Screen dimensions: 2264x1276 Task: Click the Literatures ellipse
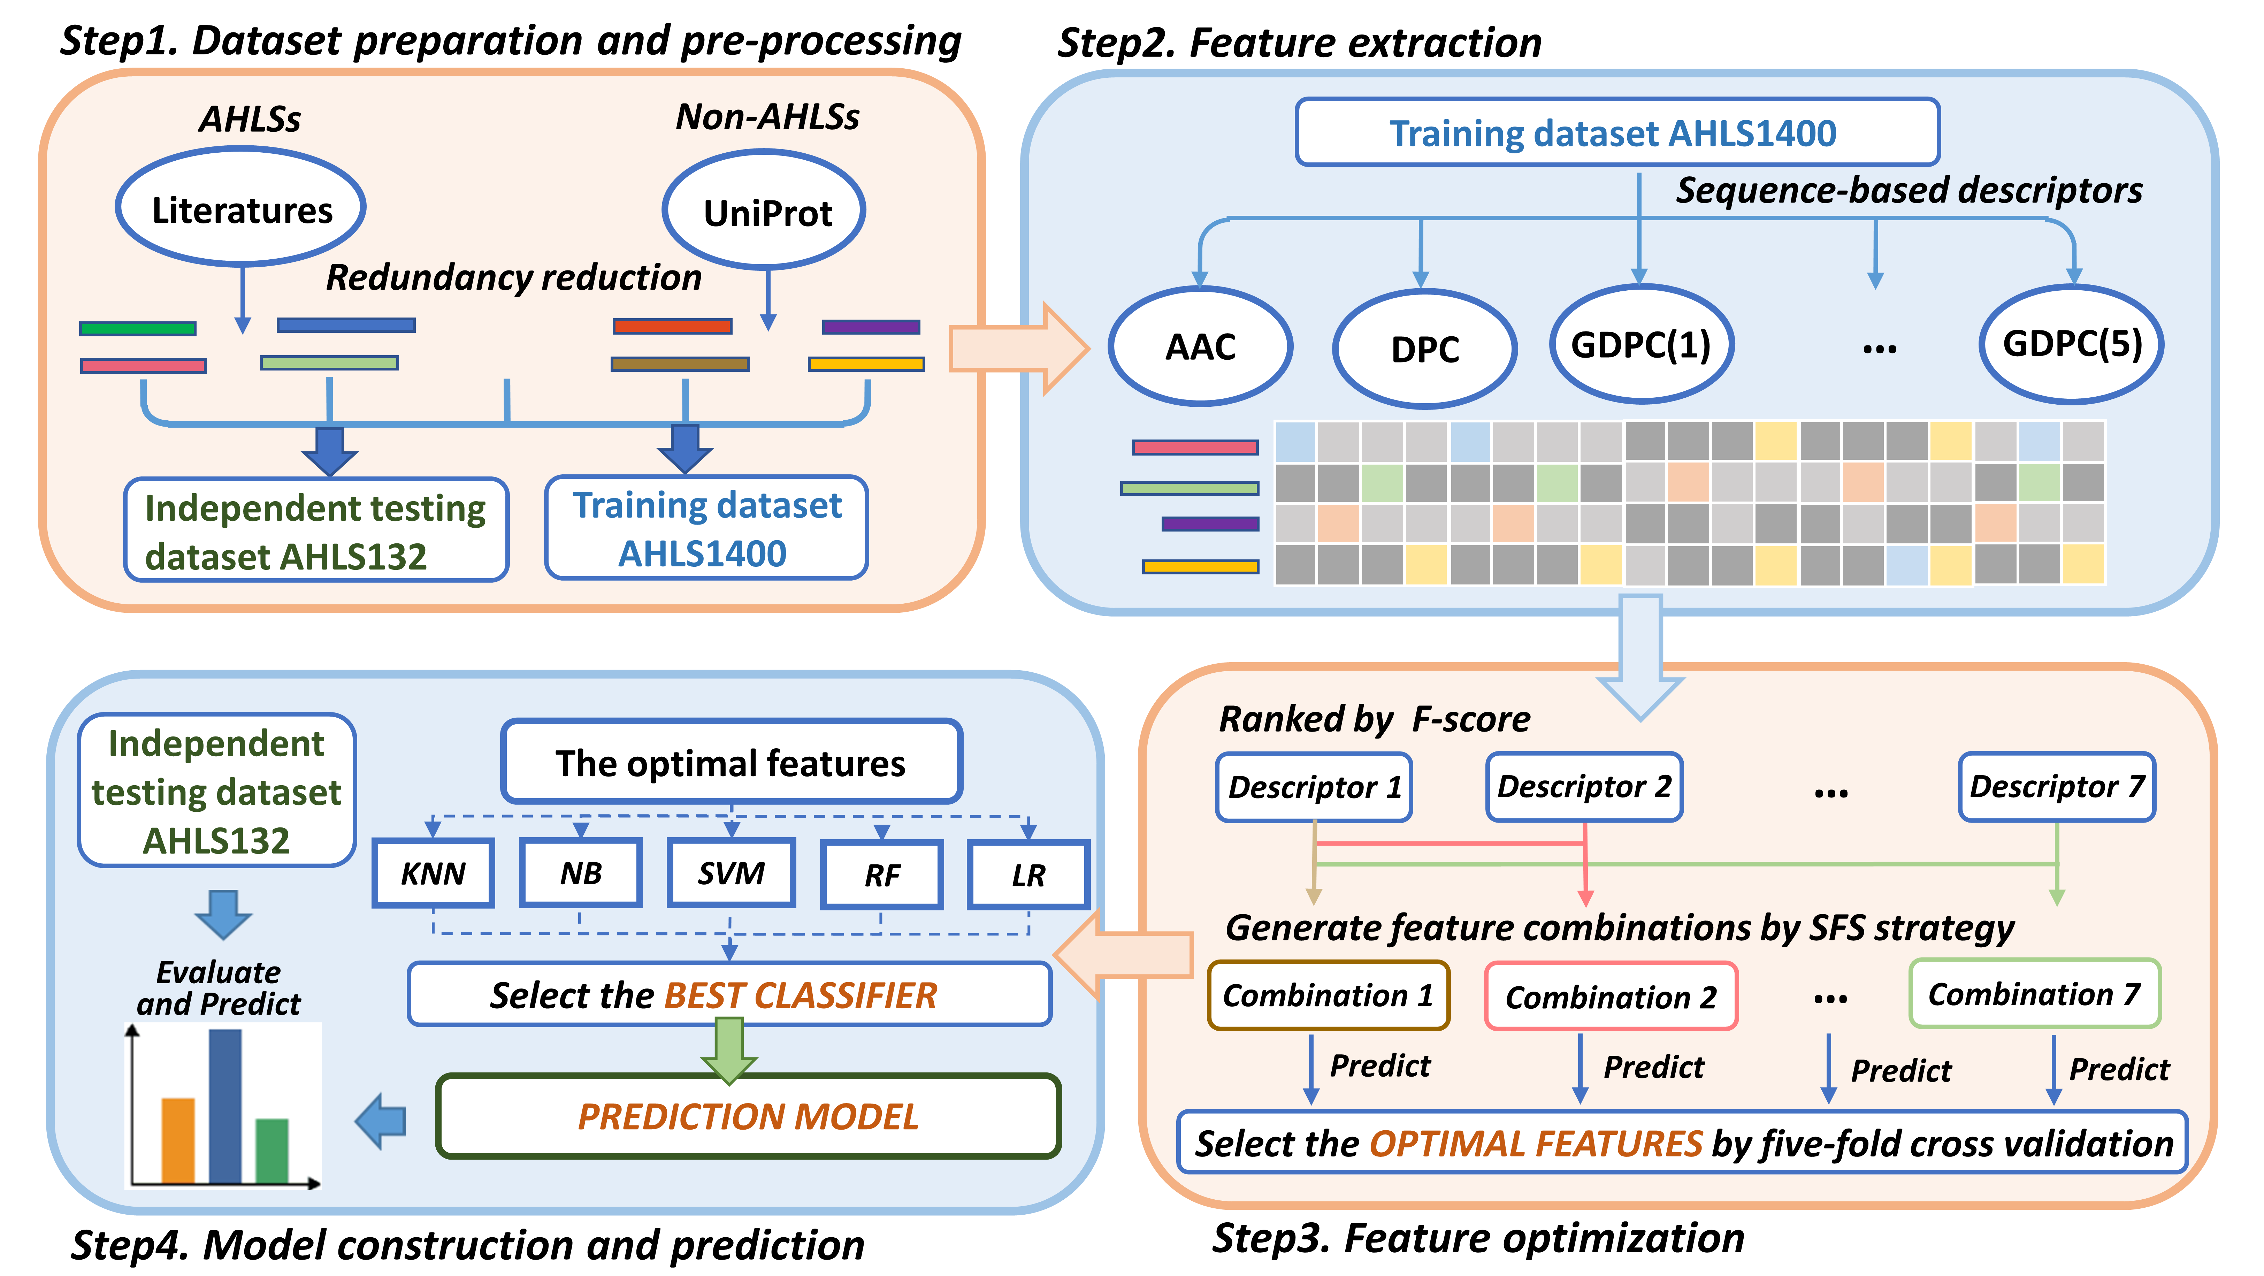point(241,207)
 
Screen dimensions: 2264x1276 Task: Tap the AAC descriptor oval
point(1201,346)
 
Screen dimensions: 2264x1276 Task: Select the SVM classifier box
point(731,873)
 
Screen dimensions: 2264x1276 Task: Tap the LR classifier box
point(1028,874)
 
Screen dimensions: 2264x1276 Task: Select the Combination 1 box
point(1328,995)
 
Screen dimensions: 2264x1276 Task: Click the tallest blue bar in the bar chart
point(225,1106)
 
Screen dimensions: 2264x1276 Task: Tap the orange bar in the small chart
point(178,1140)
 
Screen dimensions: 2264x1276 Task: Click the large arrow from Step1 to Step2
point(1019,349)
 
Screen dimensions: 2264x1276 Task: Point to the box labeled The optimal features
point(731,762)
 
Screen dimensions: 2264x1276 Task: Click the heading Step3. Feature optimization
point(1478,1238)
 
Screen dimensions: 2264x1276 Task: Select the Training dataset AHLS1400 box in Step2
point(1617,132)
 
